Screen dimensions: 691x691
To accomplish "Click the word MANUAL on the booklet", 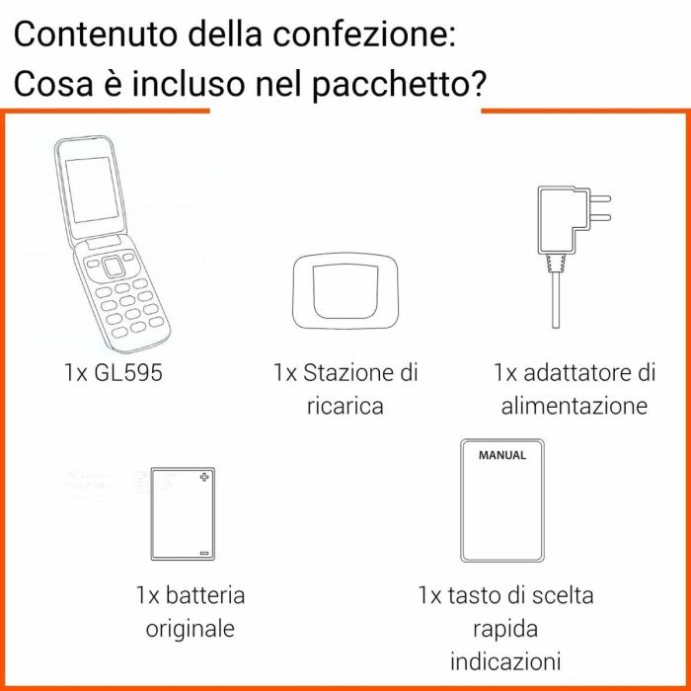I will tap(501, 456).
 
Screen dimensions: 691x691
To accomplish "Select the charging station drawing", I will tap(344, 291).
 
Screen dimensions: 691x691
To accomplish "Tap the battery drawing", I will tap(180, 513).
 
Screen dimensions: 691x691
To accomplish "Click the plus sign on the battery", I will tap(204, 479).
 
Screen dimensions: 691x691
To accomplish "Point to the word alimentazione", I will tap(574, 406).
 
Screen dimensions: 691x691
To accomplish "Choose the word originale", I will tap(191, 628).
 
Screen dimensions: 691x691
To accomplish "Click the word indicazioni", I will tap(505, 660).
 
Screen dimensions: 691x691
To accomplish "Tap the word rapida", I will tap(505, 628).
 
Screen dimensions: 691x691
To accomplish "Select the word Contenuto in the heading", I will tap(98, 35).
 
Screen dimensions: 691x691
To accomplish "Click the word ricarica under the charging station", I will tap(345, 406).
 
